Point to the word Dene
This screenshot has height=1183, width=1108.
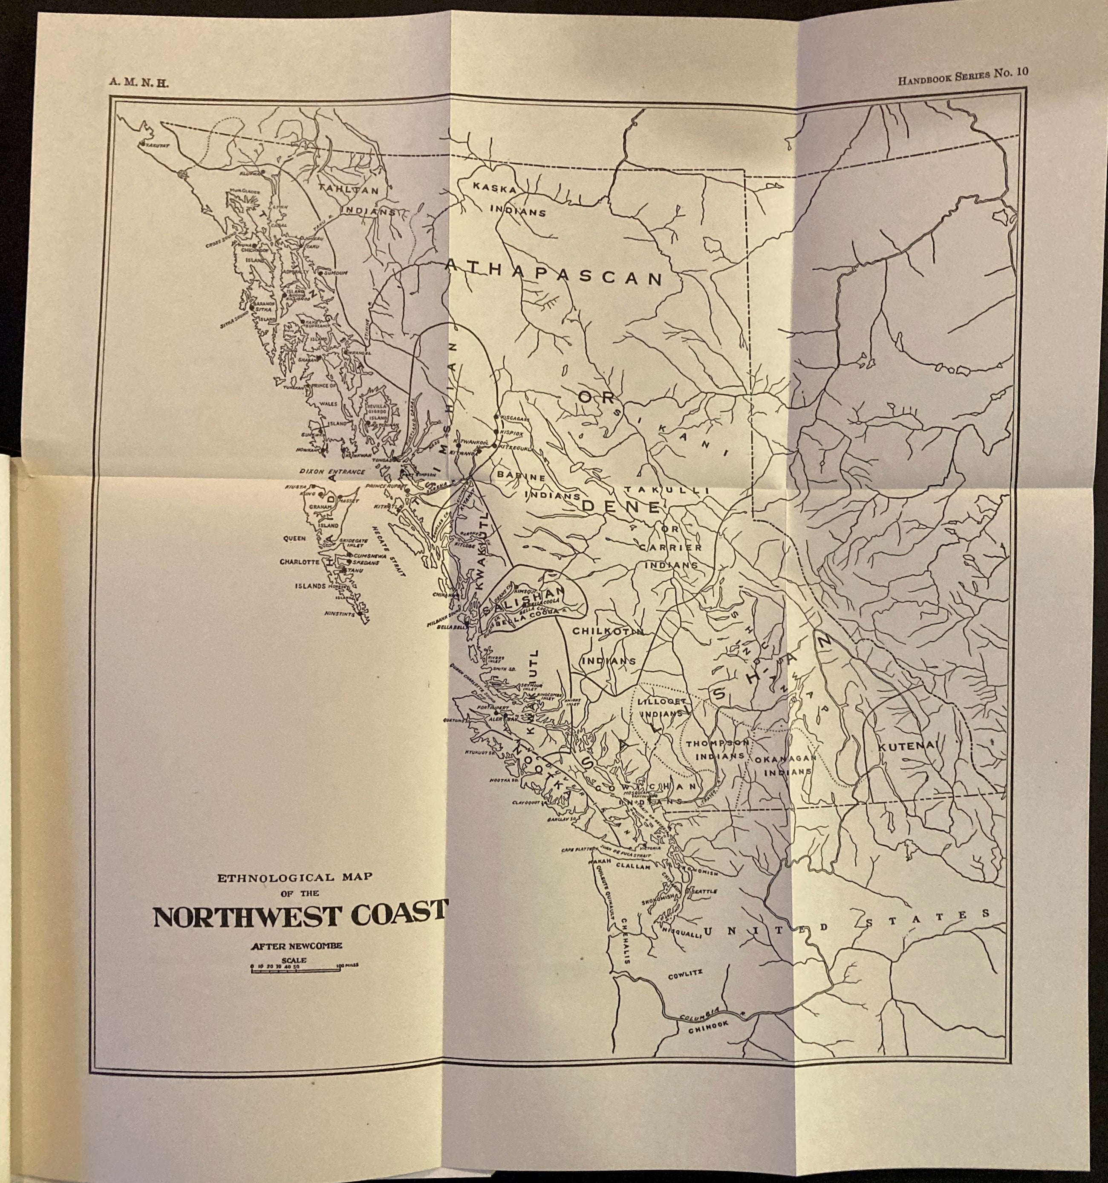(620, 506)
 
